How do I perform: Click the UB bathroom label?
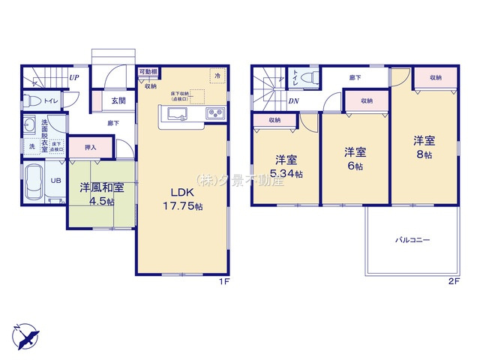point(55,181)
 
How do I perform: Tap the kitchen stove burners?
point(212,114)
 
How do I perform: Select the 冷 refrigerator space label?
point(217,76)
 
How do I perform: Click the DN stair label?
point(295,100)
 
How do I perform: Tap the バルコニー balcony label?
point(412,240)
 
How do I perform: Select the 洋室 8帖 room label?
point(423,146)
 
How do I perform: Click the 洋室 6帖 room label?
point(355,158)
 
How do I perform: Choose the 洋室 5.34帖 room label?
point(286,166)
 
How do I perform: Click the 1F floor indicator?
point(223,281)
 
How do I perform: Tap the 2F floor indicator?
point(452,281)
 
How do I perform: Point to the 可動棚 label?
point(147,72)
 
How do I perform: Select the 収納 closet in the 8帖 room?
point(435,78)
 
